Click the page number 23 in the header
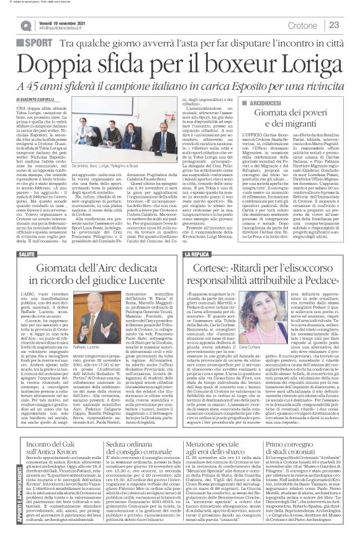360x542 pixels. point(333,25)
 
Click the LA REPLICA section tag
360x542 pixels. point(211,254)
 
